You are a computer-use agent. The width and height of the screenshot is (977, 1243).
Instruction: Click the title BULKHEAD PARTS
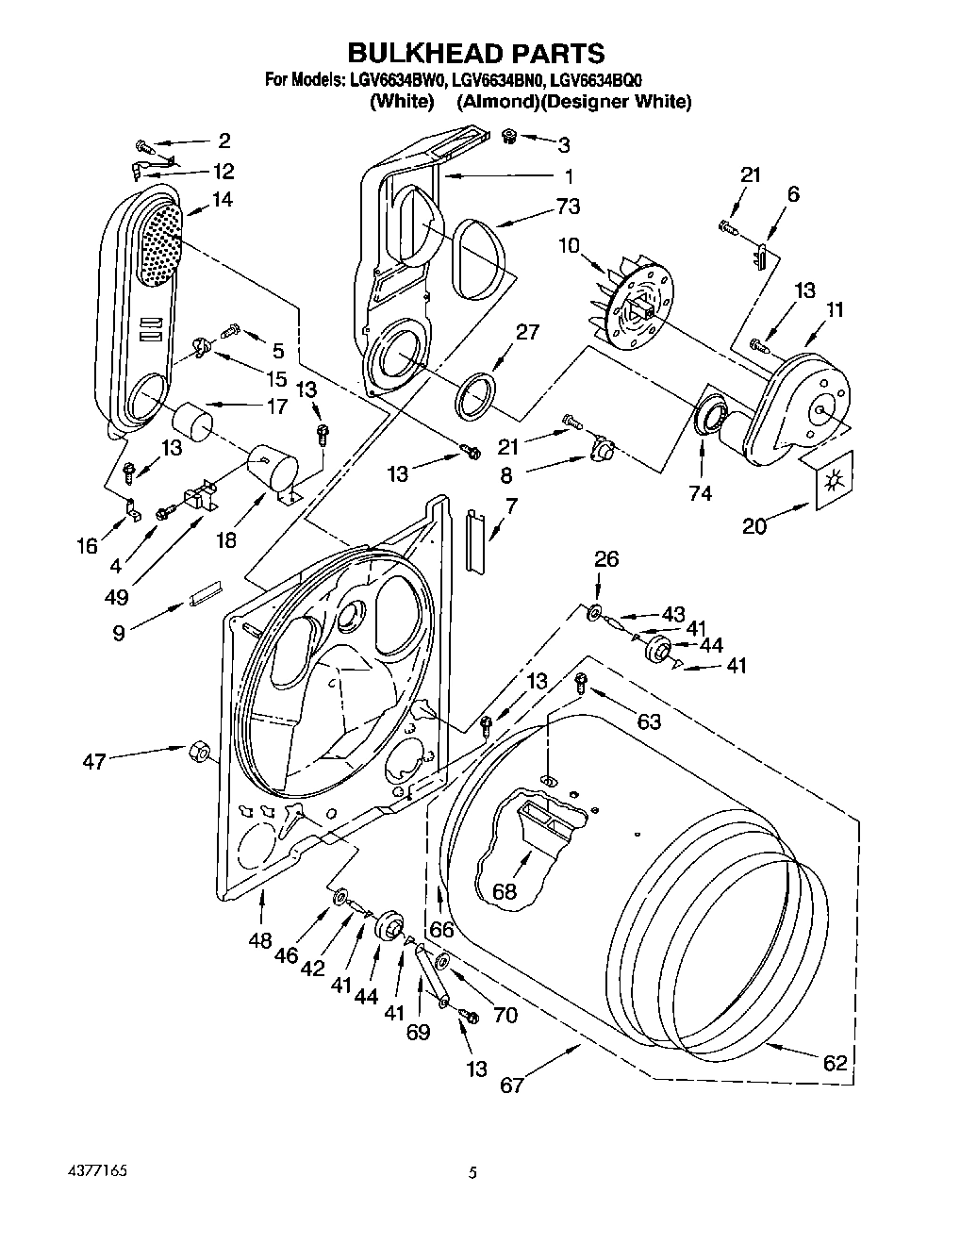click(x=476, y=52)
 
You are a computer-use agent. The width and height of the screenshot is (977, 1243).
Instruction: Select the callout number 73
click(x=568, y=207)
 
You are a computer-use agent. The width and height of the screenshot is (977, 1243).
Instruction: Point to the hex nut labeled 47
click(x=199, y=752)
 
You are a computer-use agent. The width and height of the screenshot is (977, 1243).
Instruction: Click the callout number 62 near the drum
click(x=835, y=1063)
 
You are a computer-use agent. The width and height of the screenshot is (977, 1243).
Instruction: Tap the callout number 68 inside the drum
click(x=505, y=890)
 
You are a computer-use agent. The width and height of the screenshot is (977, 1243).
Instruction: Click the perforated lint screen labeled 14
click(x=159, y=243)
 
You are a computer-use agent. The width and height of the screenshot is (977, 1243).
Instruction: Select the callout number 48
click(x=260, y=940)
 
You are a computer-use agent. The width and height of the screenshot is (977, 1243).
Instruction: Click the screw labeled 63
click(x=582, y=680)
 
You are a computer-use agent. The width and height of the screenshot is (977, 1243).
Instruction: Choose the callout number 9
click(x=119, y=633)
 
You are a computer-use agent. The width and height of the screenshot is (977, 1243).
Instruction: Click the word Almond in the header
click(x=498, y=102)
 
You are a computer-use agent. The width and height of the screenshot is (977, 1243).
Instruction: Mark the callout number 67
click(x=512, y=1085)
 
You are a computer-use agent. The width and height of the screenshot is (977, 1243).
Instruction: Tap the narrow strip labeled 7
click(x=474, y=541)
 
